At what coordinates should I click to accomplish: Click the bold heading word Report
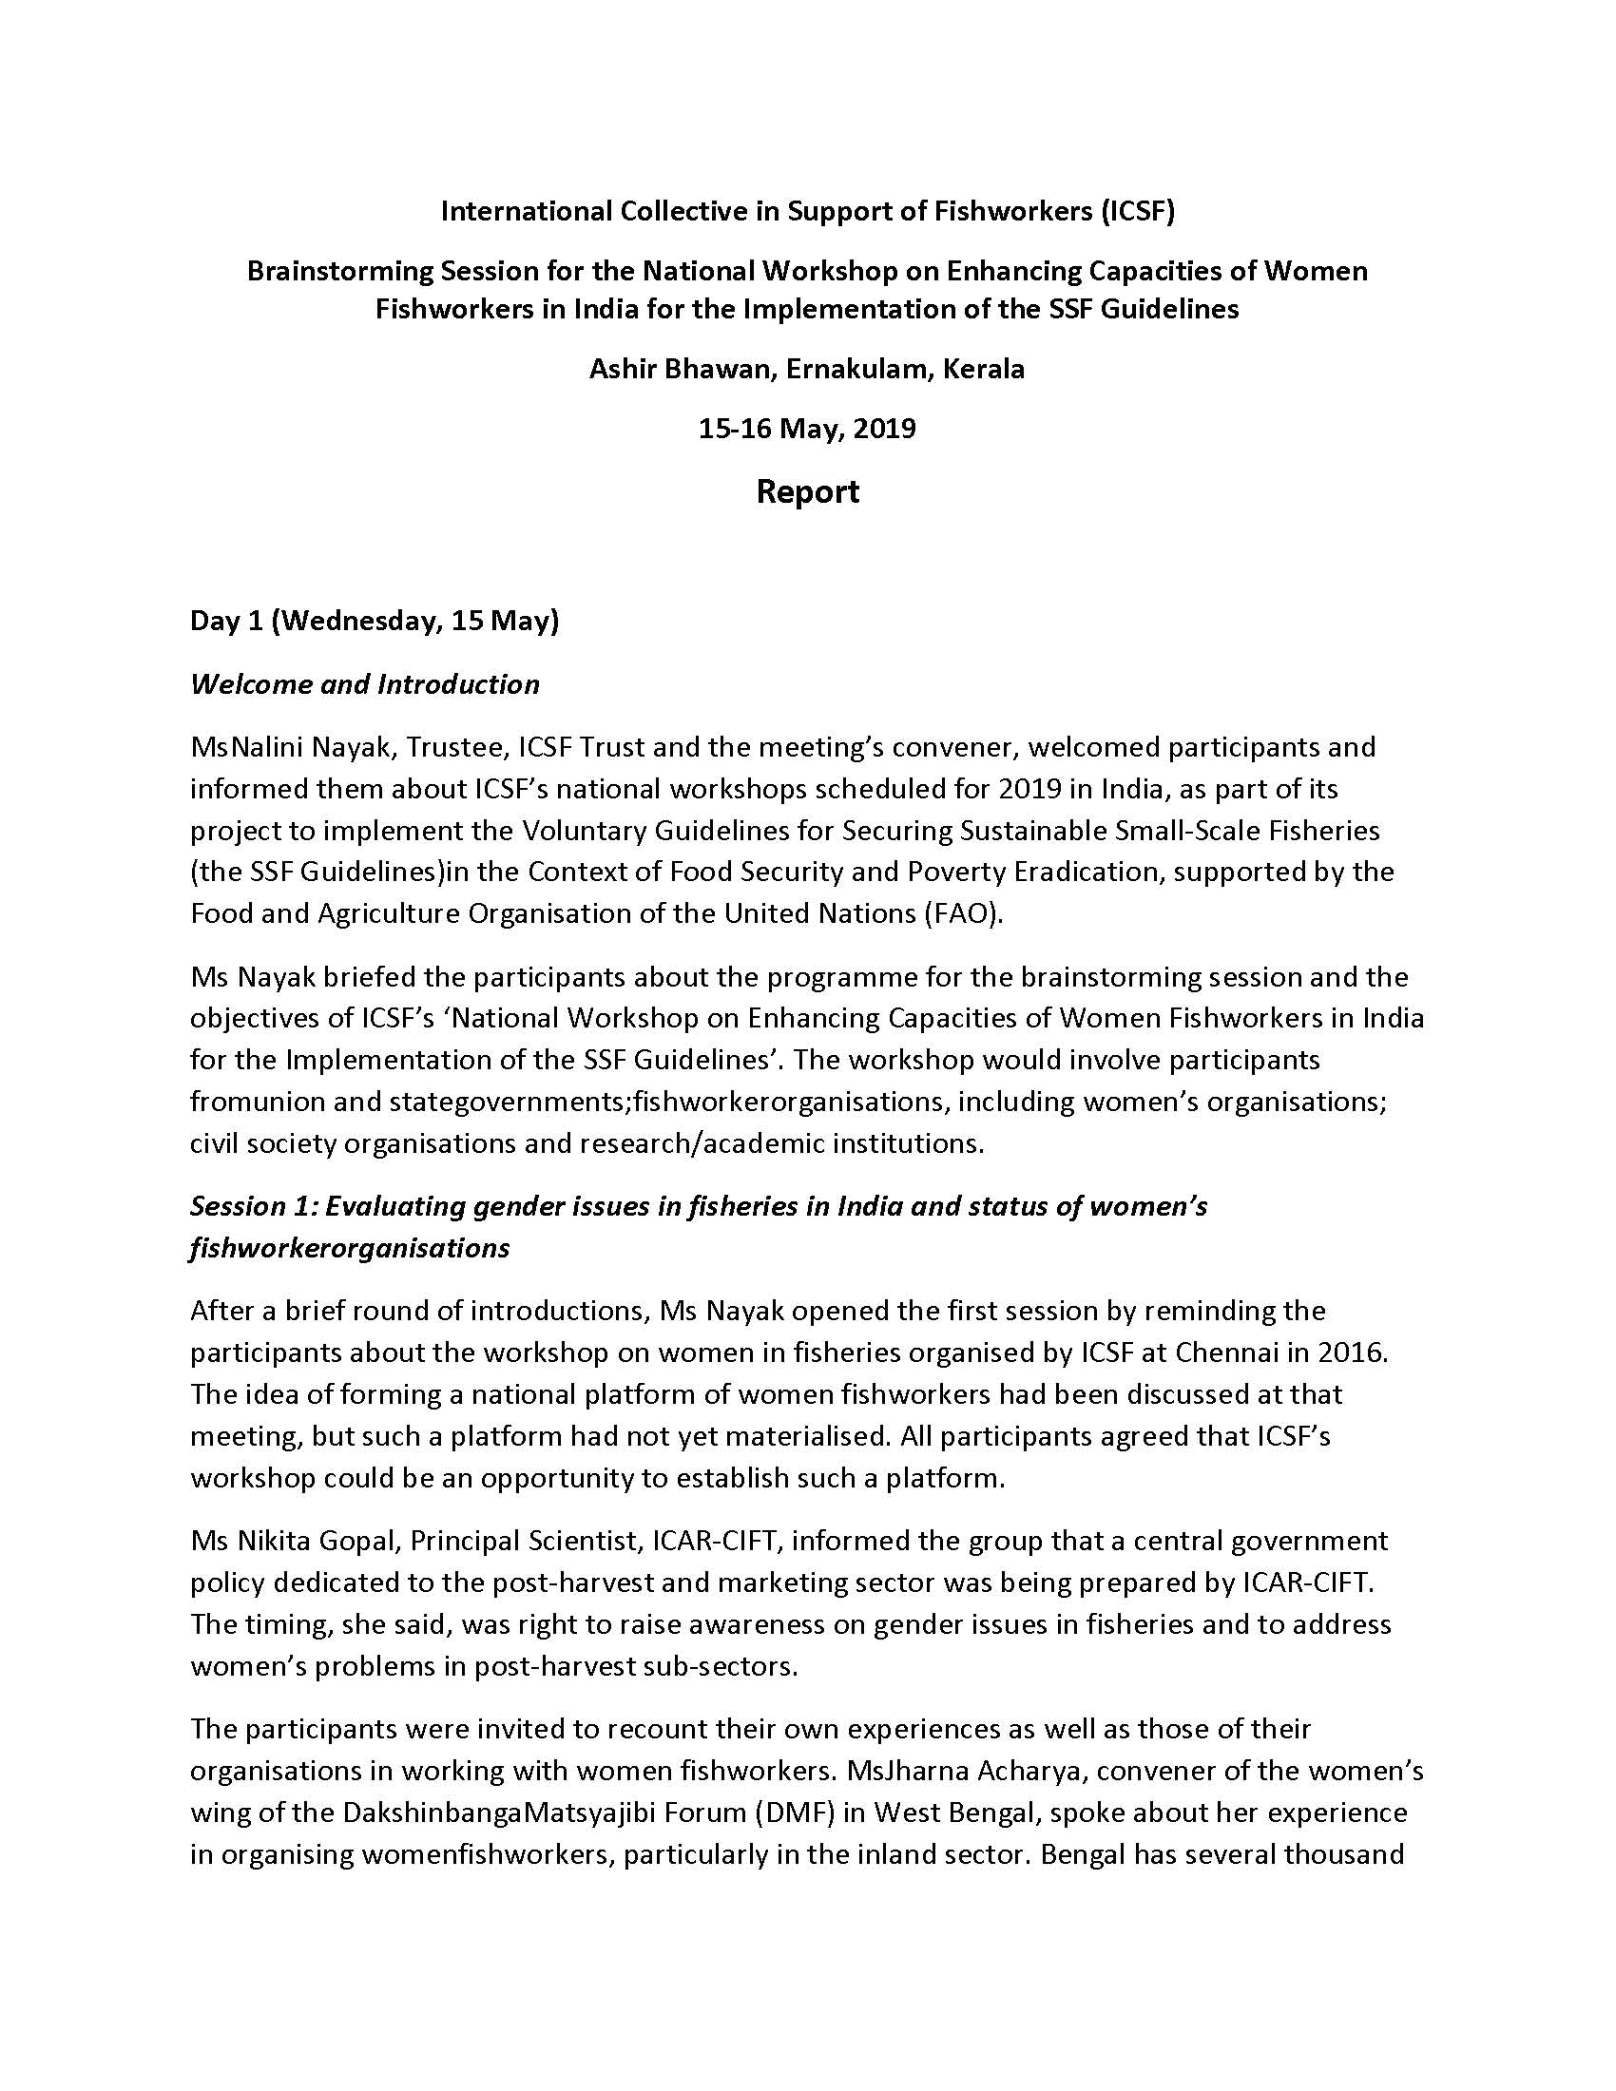807,492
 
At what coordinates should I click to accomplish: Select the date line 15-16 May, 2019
807,428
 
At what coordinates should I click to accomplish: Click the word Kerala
983,369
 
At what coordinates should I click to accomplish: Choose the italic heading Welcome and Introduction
365,684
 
